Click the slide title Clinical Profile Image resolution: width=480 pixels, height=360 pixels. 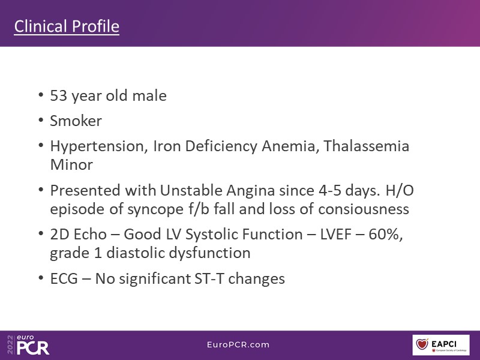[x=67, y=26]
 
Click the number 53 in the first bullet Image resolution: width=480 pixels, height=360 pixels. [x=58, y=95]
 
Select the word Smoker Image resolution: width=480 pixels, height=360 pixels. [x=76, y=121]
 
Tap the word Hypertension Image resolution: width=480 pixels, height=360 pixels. [x=97, y=146]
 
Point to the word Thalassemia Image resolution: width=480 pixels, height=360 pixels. [x=367, y=146]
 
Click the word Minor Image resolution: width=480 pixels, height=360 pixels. [x=71, y=165]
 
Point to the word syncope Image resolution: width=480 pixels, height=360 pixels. [x=155, y=210]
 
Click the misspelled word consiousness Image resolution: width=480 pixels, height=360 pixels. [x=364, y=209]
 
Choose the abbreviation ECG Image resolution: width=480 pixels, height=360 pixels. [x=64, y=279]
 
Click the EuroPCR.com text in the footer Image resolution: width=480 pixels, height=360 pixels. [x=238, y=344]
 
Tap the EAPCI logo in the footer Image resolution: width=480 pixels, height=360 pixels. [x=441, y=345]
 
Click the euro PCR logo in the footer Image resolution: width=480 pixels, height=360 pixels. [x=28, y=344]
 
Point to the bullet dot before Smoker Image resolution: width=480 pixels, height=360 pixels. [x=41, y=120]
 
